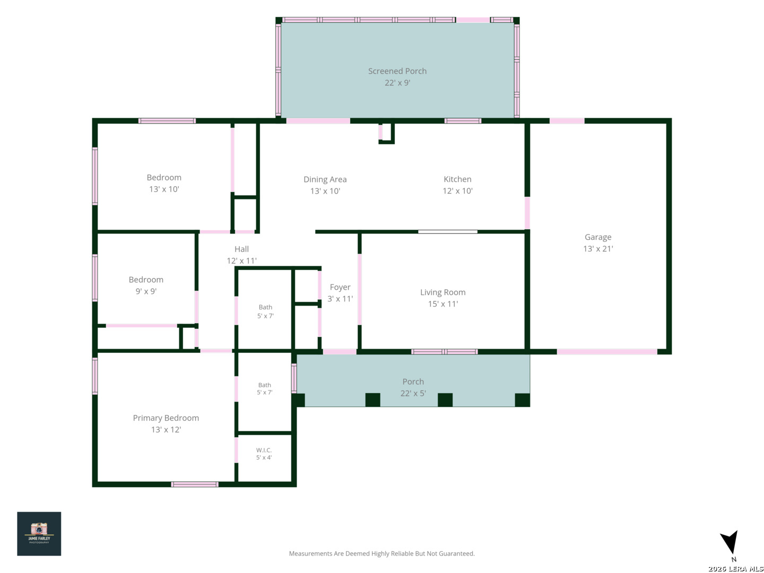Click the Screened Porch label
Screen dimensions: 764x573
(397, 71)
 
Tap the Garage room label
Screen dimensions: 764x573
(597, 237)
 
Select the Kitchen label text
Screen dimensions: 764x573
(457, 179)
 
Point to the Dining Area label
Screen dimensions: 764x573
(325, 179)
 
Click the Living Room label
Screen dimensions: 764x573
(442, 292)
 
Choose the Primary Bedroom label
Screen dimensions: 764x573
(166, 418)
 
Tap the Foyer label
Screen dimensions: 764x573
(340, 287)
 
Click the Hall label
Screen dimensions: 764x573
(241, 249)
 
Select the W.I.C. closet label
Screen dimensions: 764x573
(264, 450)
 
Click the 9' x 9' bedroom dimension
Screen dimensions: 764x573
(146, 291)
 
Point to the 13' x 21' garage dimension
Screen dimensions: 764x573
(597, 249)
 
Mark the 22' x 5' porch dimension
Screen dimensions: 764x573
(413, 393)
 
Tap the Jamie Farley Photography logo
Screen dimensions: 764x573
(39, 533)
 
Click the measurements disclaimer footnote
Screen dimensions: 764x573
(381, 553)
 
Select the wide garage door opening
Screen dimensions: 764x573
(606, 352)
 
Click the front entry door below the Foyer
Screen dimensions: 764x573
(340, 352)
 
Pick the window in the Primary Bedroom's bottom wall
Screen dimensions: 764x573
(195, 484)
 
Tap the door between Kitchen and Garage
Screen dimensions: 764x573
(527, 213)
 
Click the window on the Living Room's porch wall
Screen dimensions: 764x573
(444, 352)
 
